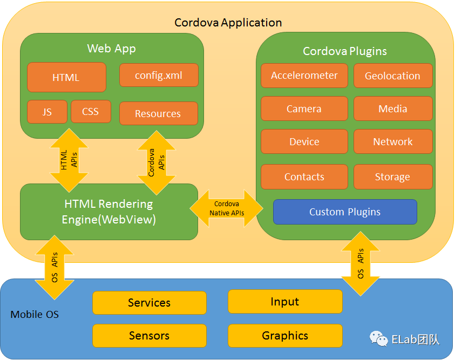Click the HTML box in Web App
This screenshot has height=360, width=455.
(66, 77)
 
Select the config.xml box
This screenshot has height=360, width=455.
(159, 76)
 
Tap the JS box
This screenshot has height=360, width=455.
(47, 112)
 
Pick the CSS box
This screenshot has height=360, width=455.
(91, 112)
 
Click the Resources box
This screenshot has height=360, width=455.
(158, 113)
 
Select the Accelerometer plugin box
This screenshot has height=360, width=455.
(304, 76)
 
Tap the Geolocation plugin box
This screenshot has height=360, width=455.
(392, 76)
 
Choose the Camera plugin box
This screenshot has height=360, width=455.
(304, 108)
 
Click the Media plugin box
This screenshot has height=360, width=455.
(392, 108)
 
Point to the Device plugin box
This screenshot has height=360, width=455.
(304, 141)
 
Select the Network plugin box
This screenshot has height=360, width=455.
(392, 141)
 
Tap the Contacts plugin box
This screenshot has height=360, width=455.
(304, 176)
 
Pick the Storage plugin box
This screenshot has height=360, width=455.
(392, 176)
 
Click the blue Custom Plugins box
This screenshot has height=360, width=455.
(345, 212)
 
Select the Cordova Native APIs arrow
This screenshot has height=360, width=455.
(227, 208)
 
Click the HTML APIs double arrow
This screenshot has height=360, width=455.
(69, 160)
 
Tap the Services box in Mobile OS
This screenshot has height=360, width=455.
(150, 303)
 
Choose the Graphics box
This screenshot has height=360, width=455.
(285, 336)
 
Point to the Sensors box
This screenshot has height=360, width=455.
(150, 336)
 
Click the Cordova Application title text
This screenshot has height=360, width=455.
(228, 23)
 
